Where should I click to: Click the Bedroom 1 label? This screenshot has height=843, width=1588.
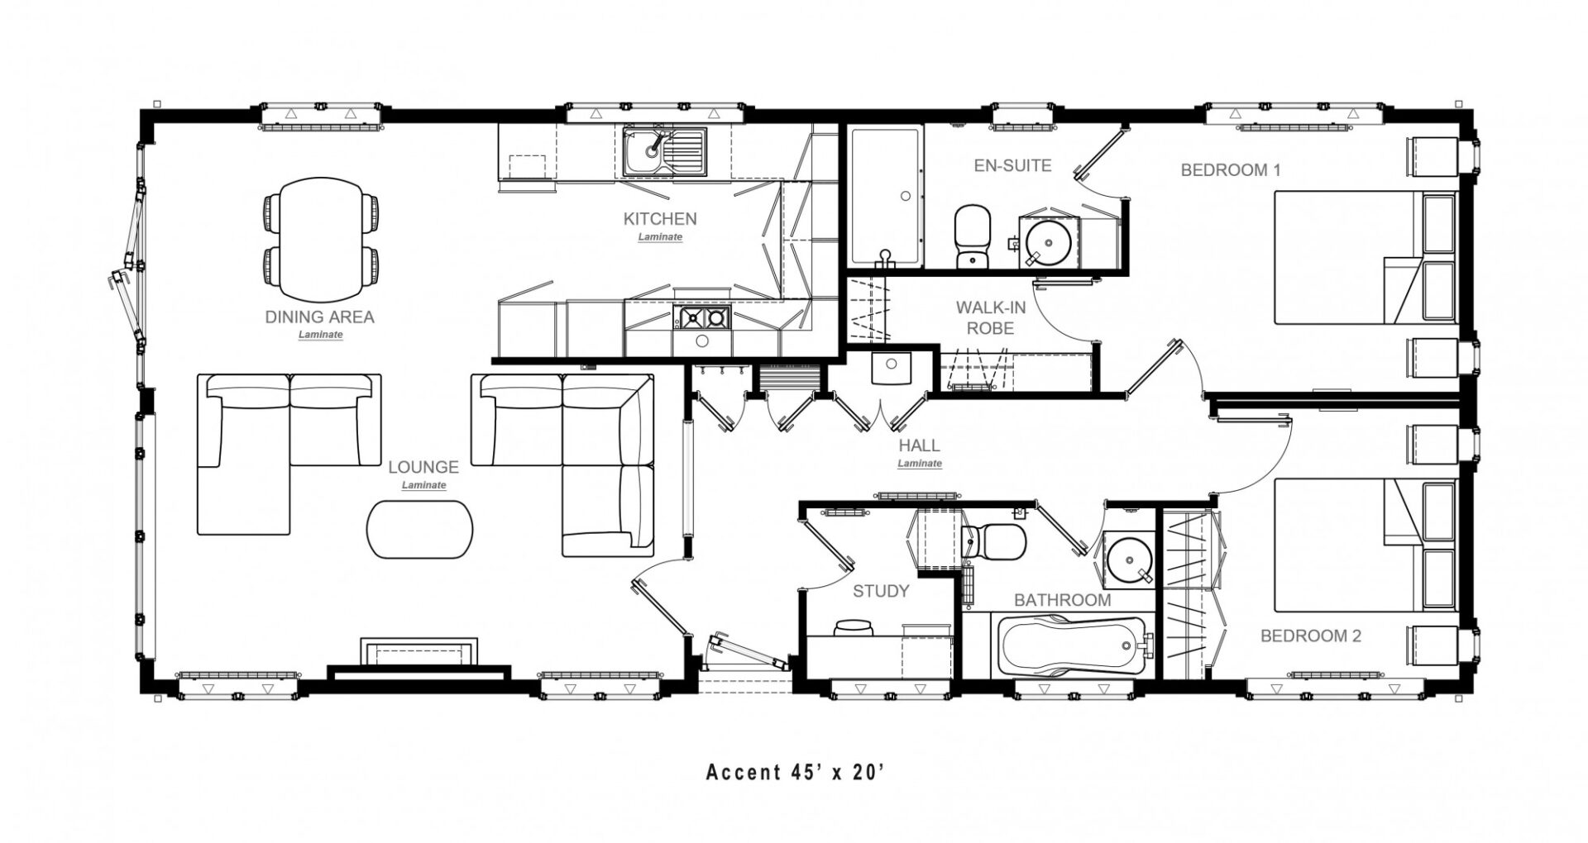click(1231, 170)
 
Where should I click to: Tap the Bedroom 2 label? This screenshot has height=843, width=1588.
click(1311, 636)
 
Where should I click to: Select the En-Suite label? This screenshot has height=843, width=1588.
click(1012, 165)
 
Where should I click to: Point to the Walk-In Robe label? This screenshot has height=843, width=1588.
click(991, 317)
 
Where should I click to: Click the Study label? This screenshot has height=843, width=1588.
click(881, 591)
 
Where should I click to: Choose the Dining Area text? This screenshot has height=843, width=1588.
click(319, 317)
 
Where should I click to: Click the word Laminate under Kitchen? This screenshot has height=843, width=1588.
click(660, 237)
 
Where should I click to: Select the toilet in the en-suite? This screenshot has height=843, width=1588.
click(972, 236)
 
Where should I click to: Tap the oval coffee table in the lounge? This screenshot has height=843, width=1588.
click(421, 529)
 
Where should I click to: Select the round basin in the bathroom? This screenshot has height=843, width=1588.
click(1127, 559)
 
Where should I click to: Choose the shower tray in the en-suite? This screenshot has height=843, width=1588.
click(885, 198)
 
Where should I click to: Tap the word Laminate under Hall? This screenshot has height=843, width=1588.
click(920, 464)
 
